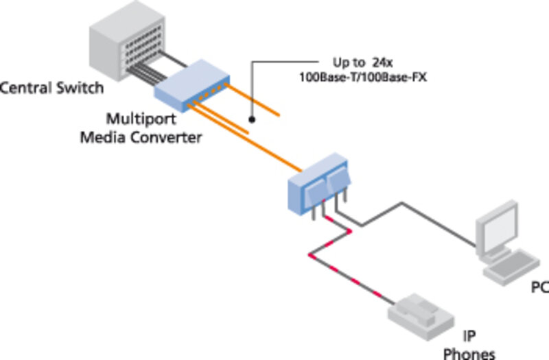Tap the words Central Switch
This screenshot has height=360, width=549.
(52, 88)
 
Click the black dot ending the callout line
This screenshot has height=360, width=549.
(252, 119)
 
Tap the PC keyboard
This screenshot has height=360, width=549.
(511, 263)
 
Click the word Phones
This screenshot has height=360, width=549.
(469, 354)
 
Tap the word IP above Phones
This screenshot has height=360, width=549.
(469, 336)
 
